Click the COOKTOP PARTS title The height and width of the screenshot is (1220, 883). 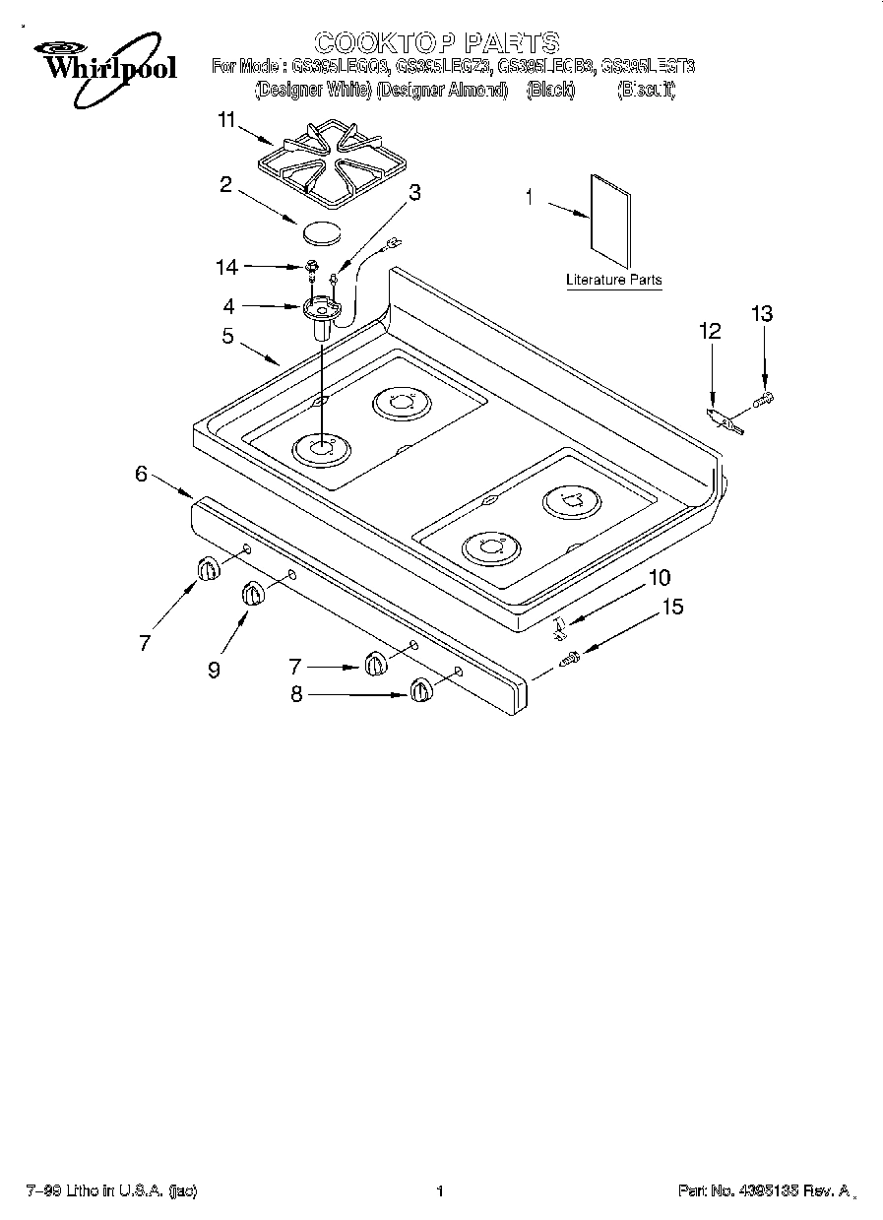436,42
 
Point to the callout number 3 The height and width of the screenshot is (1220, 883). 414,193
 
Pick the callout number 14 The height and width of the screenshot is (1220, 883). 226,266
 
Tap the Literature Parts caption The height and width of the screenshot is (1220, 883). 613,281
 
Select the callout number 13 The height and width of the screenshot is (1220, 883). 761,314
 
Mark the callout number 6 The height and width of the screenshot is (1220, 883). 142,474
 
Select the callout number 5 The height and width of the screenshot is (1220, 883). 227,336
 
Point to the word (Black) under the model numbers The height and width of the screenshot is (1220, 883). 550,90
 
